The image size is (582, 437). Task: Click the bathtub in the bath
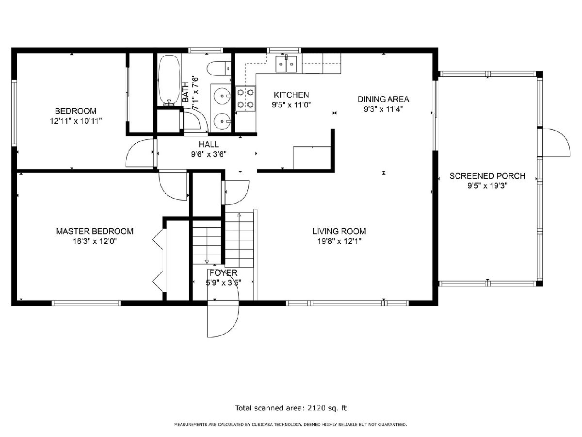tap(169, 80)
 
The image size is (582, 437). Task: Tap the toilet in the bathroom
tap(219, 68)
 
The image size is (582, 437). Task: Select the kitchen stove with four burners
tap(245, 99)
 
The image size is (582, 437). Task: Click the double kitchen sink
tap(286, 64)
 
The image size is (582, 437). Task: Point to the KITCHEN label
tap(291, 95)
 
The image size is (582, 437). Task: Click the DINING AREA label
tap(383, 99)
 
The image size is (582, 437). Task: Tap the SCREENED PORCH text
tap(487, 176)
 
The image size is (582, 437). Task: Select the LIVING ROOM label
tap(339, 231)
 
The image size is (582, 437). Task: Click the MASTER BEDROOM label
tap(95, 231)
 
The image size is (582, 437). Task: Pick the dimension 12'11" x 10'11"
tap(76, 121)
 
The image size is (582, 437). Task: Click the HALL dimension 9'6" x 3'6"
tap(209, 154)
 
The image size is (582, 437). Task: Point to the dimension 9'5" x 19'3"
tap(487, 186)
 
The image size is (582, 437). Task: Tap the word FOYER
tap(224, 273)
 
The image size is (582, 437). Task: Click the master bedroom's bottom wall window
tap(86, 303)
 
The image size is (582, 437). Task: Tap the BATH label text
tap(186, 92)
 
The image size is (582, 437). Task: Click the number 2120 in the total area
tap(316, 408)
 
